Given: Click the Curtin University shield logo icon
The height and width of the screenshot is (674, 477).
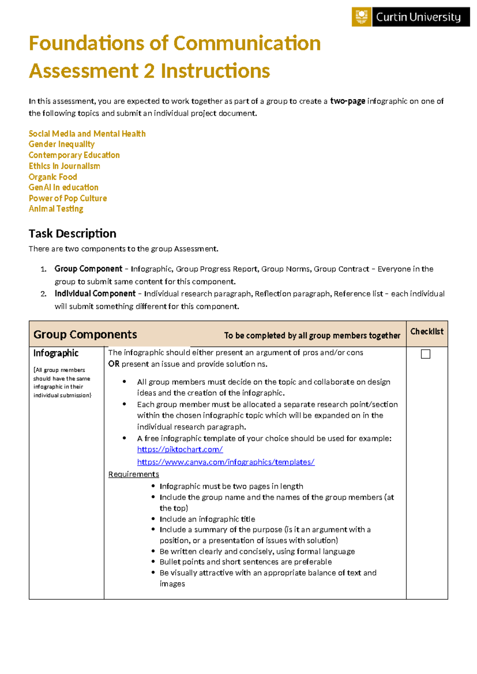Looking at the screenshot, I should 361,17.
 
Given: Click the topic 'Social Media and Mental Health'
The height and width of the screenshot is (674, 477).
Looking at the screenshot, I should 87,134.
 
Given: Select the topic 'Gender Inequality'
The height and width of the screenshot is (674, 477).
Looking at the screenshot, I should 62,144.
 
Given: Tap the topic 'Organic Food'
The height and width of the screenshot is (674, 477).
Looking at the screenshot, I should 53,177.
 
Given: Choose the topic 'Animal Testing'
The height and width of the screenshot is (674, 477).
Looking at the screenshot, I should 56,209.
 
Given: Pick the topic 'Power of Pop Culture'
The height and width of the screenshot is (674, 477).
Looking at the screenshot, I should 68,198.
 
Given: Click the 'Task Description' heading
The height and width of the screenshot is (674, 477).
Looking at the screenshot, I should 72,233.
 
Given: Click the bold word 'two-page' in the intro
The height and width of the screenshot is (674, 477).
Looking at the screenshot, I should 347,101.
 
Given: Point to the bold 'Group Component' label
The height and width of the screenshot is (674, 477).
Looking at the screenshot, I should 88,269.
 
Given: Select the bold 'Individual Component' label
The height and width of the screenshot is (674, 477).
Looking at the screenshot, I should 95,293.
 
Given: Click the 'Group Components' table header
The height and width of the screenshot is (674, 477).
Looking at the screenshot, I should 85,334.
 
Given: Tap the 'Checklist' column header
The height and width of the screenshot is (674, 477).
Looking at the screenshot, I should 427,331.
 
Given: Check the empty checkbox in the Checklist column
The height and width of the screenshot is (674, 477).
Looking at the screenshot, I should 425,354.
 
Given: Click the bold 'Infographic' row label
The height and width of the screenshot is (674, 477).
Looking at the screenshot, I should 56,353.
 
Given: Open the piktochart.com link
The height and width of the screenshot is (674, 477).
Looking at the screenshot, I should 180,449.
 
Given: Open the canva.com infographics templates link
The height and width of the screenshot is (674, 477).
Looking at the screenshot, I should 226,462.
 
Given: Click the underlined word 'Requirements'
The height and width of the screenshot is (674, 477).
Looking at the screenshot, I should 134,474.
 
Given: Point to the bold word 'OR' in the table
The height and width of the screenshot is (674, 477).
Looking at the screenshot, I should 114,364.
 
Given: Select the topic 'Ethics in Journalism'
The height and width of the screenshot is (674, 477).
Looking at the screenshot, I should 64,166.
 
